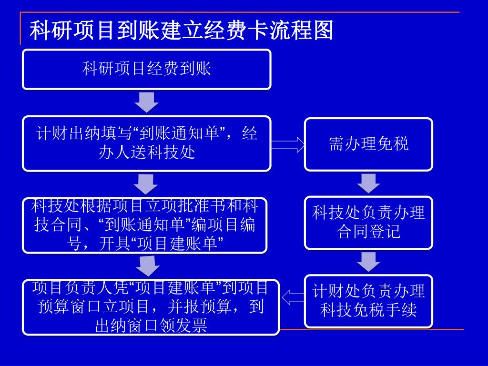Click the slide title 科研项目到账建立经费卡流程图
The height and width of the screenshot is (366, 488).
pyautogui.click(x=181, y=30)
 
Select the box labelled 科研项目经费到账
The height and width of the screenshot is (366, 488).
pyautogui.click(x=147, y=69)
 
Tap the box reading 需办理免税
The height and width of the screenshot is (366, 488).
pyautogui.click(x=368, y=144)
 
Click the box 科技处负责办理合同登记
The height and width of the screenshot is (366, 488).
pyautogui.click(x=368, y=222)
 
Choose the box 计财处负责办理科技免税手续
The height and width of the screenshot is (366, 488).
pyautogui.click(x=368, y=301)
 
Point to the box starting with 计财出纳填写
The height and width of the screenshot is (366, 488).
pyautogui.click(x=147, y=143)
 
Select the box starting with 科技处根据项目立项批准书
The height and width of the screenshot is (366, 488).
pyautogui.click(x=145, y=225)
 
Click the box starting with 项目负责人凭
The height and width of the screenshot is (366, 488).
pyautogui.click(x=151, y=306)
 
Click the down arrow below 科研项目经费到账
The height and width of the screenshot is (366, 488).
pyautogui.click(x=146, y=102)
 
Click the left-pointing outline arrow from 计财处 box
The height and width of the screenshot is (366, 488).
pyautogui.click(x=293, y=298)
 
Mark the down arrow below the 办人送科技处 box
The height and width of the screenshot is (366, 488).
pyautogui.click(x=146, y=183)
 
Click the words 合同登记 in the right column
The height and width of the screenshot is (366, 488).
pyautogui.click(x=368, y=232)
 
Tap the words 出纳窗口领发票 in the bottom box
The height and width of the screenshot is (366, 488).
pyautogui.click(x=151, y=326)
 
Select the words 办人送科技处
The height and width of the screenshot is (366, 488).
pyautogui.click(x=147, y=153)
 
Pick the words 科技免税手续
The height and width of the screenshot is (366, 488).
pyautogui.click(x=368, y=310)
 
